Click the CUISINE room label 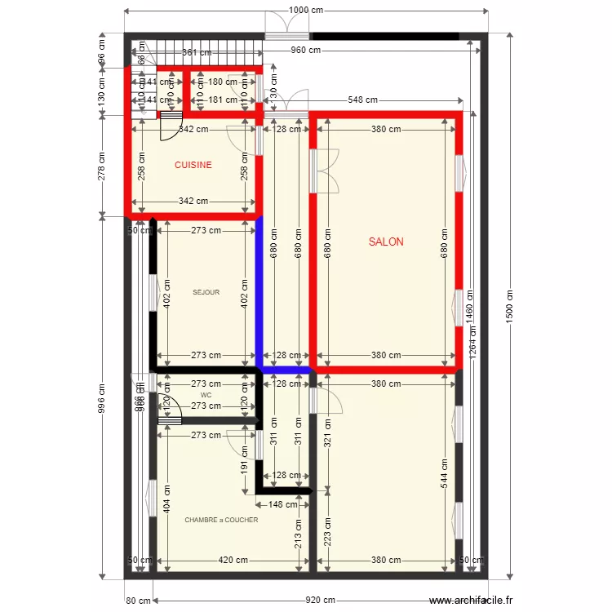(193, 165)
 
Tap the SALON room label (385, 242)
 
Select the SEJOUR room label (206, 292)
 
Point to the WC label (206, 395)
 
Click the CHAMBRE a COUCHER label (221, 520)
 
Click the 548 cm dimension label (361, 100)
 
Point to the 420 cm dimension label (233, 561)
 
